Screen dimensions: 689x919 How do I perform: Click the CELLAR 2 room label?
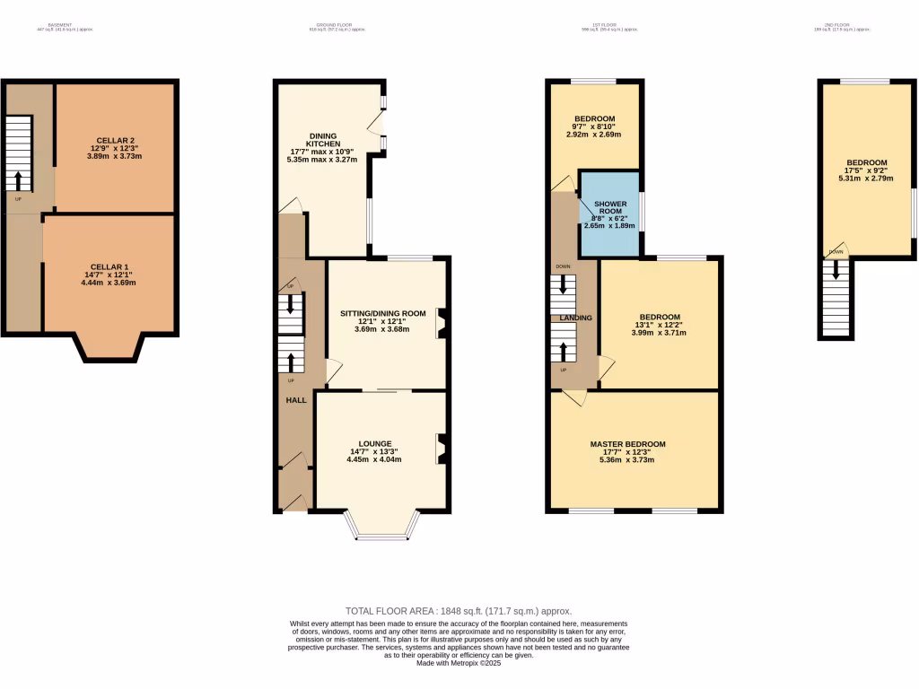point(115,140)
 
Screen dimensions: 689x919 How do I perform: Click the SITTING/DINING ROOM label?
point(382,313)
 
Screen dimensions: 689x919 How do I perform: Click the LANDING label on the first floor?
point(575,318)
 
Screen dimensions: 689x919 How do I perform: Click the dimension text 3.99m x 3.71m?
point(659,333)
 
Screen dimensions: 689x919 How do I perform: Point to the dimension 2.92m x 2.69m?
point(594,135)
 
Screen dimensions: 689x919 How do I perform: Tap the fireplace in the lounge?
point(442,449)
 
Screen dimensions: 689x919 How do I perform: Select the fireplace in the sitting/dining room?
point(442,324)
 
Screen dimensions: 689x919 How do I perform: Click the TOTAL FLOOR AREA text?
point(459,611)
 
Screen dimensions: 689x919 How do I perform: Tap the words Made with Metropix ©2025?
point(459,663)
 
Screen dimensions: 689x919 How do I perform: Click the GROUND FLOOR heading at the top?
point(337,25)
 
